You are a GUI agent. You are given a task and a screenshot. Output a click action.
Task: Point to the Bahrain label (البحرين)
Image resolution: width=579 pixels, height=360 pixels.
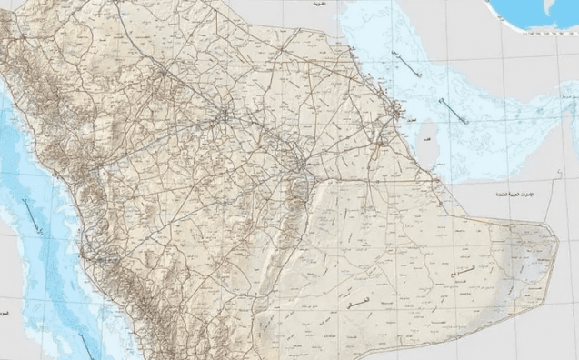[x=411, y=119]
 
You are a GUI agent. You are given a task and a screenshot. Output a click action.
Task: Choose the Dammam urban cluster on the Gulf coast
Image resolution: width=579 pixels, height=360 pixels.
[x=395, y=113]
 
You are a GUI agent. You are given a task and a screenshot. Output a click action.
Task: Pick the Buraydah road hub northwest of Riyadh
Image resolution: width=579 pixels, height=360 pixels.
[x=225, y=115]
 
